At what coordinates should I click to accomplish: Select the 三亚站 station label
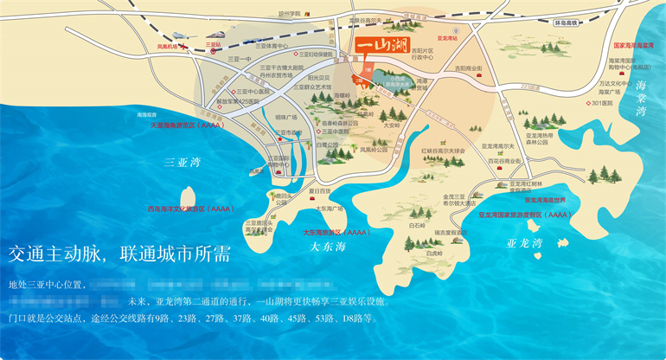(x=214, y=42)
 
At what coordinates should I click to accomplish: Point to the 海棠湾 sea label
(x=642, y=99)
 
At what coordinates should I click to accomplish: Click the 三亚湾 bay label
(x=182, y=161)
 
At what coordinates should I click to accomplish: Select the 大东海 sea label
(x=327, y=247)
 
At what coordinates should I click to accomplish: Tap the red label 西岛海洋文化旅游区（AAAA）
(x=190, y=209)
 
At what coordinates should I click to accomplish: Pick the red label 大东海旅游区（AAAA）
(x=336, y=232)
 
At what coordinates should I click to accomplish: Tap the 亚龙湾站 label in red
(x=446, y=39)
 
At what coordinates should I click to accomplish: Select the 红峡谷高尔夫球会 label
(x=443, y=150)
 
